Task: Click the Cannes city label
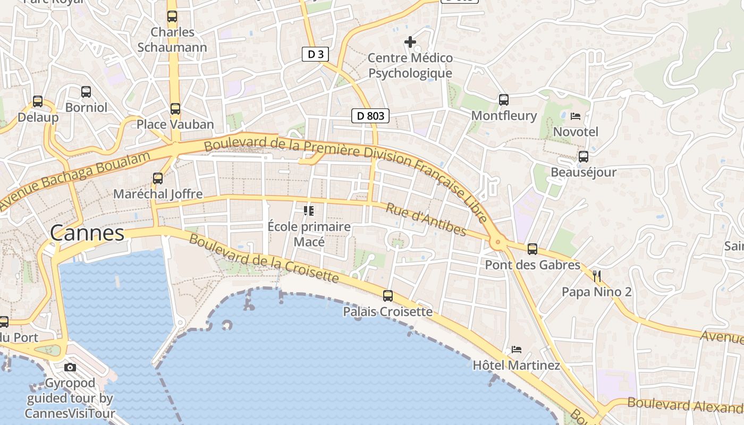[87, 233]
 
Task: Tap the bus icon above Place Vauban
[175, 109]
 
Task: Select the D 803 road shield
[370, 116]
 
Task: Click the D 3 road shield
[315, 54]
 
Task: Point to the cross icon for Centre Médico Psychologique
[410, 41]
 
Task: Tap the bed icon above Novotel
[575, 116]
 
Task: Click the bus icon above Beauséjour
[583, 157]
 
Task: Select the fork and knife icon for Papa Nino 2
[596, 276]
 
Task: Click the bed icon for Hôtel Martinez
[516, 350]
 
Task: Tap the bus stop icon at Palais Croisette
[388, 296]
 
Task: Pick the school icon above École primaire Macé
[308, 211]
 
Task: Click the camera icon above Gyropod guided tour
[70, 367]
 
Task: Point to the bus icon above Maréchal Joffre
[157, 178]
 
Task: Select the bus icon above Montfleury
[503, 99]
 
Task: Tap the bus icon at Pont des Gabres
[532, 249]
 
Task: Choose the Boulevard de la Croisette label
[264, 258]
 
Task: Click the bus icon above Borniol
[86, 92]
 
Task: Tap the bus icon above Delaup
[37, 101]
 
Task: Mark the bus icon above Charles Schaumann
[172, 16]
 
